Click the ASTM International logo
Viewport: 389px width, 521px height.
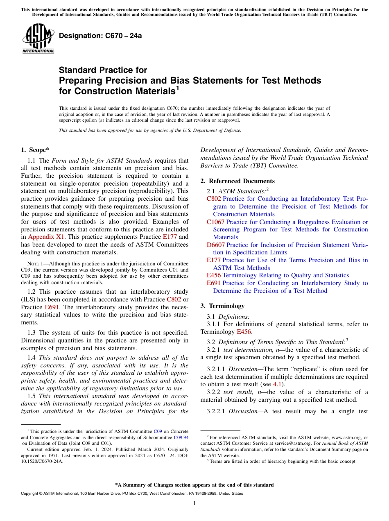point(38,39)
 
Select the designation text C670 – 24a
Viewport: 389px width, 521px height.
point(100,36)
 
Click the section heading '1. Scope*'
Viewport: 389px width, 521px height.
point(35,150)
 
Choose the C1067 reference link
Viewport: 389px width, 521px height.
point(215,222)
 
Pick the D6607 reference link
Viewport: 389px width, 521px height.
point(216,245)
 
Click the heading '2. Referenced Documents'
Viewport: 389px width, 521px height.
point(237,181)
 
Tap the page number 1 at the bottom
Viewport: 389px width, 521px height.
point(194,503)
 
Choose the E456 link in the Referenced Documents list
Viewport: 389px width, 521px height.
point(214,275)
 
